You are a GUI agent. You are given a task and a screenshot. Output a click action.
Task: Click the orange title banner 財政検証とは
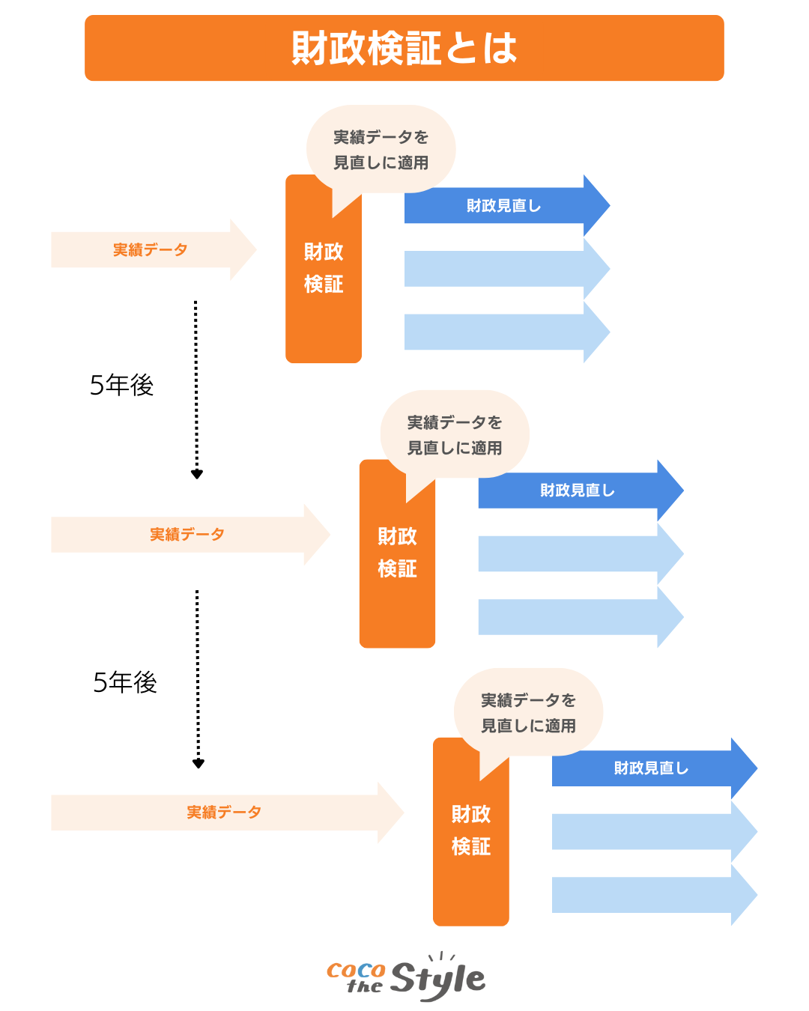point(404,48)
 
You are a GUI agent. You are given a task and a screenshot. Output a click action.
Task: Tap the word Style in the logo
point(437,978)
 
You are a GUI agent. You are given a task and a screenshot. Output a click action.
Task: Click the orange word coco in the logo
point(356,971)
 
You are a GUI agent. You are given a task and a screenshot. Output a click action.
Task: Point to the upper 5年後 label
point(121,385)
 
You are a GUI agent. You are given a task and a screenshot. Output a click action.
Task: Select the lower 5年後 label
point(125,682)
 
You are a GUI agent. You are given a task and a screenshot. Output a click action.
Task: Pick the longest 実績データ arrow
point(225,813)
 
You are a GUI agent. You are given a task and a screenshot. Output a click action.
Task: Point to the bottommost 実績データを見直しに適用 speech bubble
point(528,712)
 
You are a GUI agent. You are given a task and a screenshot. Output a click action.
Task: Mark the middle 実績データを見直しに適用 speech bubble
point(455,434)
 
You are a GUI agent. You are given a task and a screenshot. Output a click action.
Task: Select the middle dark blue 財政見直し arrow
point(578,491)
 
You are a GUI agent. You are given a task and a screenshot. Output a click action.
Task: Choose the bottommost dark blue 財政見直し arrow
point(651,768)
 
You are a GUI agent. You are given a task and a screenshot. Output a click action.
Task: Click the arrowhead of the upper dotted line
point(197,474)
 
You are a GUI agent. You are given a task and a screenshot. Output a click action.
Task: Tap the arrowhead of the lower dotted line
point(199,764)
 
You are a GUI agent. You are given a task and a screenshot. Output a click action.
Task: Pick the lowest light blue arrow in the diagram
point(652,895)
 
